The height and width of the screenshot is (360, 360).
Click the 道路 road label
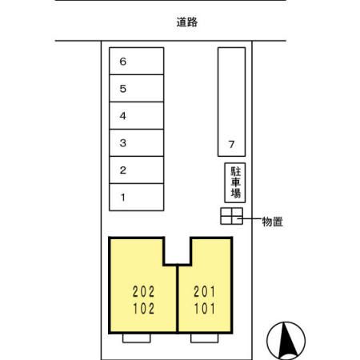(187, 22)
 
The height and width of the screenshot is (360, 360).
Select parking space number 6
(137, 61)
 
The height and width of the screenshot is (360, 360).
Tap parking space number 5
(137, 88)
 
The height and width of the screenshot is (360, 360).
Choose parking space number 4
(137, 116)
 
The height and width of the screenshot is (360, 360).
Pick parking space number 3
(137, 143)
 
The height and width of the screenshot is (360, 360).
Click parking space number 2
(137, 170)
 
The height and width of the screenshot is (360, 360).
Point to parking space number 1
(137, 198)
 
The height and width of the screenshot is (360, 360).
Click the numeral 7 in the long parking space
(231, 144)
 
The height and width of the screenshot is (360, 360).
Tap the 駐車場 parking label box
(235, 182)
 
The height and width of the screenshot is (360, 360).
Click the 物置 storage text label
(272, 222)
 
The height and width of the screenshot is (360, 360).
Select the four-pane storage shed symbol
(231, 216)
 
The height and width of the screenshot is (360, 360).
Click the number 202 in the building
(143, 292)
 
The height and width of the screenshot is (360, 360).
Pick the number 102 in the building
(143, 309)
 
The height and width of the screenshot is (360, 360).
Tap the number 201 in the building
(205, 292)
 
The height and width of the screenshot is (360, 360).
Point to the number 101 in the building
(205, 309)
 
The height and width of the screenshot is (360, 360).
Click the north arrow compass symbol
(286, 341)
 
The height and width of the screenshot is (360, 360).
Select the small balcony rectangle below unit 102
(137, 338)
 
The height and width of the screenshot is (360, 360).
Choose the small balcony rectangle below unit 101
(205, 338)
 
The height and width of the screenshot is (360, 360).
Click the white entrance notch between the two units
(178, 250)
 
